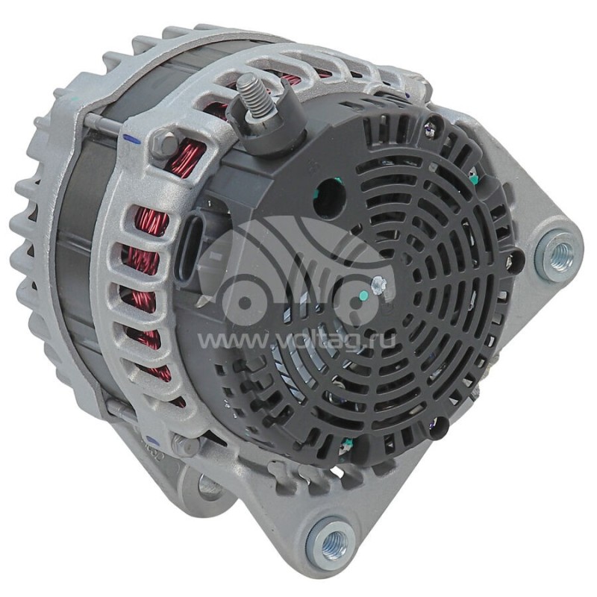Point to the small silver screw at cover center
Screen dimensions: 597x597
pos(378,283)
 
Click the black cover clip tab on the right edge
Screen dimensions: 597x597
pos(516,259)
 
